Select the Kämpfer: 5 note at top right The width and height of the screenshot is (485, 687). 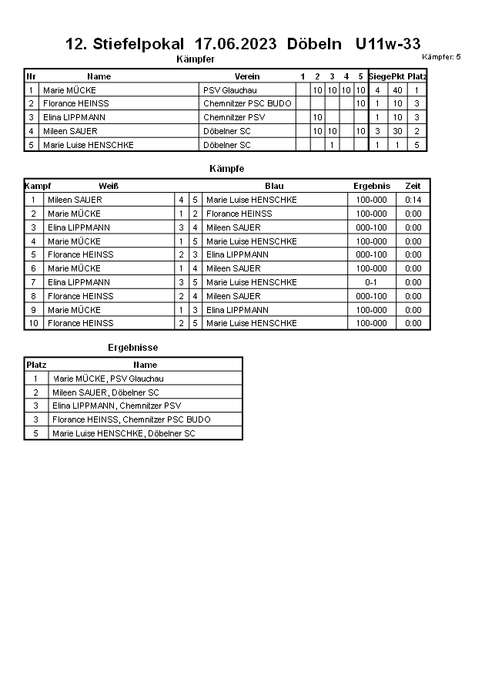[441, 57]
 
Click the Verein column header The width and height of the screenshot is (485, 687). [247, 76]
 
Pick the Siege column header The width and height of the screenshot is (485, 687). [380, 76]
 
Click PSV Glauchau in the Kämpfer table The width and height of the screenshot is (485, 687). [229, 90]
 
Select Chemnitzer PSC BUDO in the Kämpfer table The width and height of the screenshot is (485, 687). [247, 103]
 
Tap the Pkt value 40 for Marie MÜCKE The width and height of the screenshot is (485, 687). [397, 90]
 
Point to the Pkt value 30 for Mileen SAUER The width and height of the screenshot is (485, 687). [397, 131]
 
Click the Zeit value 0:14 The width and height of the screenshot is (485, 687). [413, 200]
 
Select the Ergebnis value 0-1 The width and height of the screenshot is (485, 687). [371, 282]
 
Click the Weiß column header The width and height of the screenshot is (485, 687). [109, 186]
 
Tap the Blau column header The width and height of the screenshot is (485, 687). [274, 186]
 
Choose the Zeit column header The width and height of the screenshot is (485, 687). [413, 186]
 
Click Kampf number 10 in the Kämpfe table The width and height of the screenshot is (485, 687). [33, 323]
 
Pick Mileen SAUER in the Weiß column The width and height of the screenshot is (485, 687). [75, 200]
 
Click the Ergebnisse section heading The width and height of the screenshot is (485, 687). [132, 348]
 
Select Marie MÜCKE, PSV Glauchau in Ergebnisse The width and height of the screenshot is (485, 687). [108, 379]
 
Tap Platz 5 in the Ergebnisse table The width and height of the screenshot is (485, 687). [35, 433]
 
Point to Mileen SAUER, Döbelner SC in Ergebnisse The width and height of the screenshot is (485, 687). [105, 392]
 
